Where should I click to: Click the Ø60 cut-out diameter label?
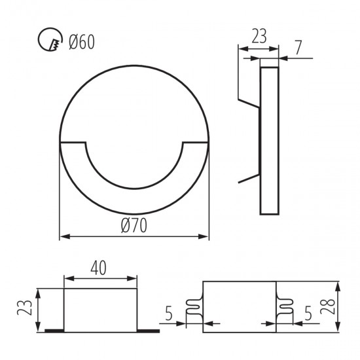pos(82,42)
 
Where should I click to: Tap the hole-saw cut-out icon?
pos(50,39)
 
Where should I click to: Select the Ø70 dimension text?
pos(134,225)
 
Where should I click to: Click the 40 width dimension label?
pos(98,268)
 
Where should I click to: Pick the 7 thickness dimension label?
pos(298,48)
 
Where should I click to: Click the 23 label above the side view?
pos(259,36)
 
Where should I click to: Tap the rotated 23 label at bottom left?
pos(25,308)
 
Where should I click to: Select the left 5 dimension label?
pos(169,314)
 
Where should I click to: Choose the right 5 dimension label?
pos(308,314)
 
